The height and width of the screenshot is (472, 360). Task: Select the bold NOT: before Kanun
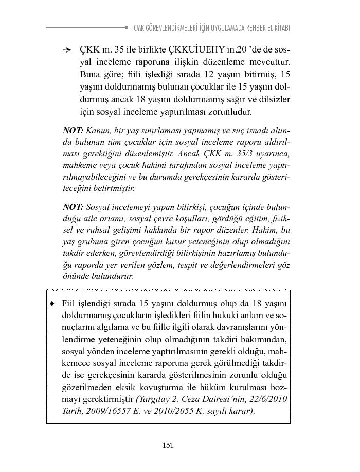click(x=73, y=130)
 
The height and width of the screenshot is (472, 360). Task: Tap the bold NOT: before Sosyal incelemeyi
click(x=73, y=207)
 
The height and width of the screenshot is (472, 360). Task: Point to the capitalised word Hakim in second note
click(x=266, y=230)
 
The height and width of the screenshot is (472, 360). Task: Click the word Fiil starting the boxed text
click(x=69, y=302)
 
